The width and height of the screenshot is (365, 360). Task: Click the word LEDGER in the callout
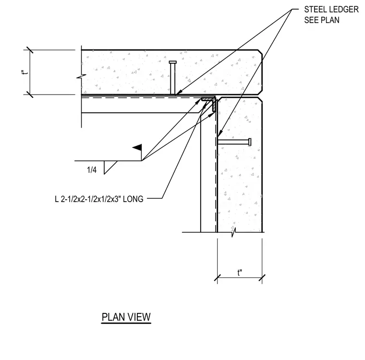coord(342,9)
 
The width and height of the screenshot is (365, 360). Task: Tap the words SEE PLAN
coord(322,20)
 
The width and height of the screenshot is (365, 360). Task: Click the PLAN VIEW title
coord(126,317)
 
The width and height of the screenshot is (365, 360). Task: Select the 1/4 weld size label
coord(92,170)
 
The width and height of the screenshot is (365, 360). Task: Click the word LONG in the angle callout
coord(133,199)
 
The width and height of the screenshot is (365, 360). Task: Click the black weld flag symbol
coord(137,147)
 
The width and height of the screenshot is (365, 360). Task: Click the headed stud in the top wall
coord(173,78)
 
